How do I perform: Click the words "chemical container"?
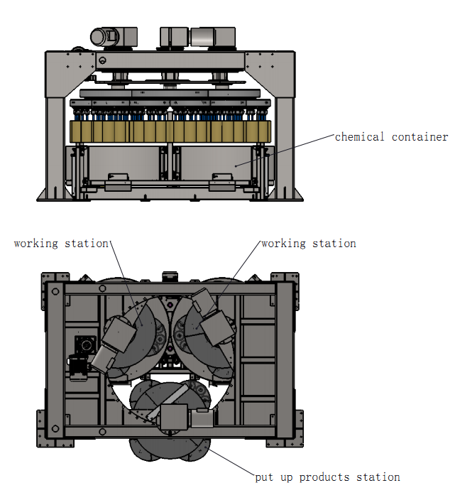(391, 136)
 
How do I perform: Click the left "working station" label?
(61, 244)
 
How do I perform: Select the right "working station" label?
(309, 244)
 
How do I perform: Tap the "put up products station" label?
(327, 477)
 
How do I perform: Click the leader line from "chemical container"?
(284, 150)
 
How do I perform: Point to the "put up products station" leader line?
(227, 455)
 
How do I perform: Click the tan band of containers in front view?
(170, 131)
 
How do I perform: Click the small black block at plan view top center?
(169, 274)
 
